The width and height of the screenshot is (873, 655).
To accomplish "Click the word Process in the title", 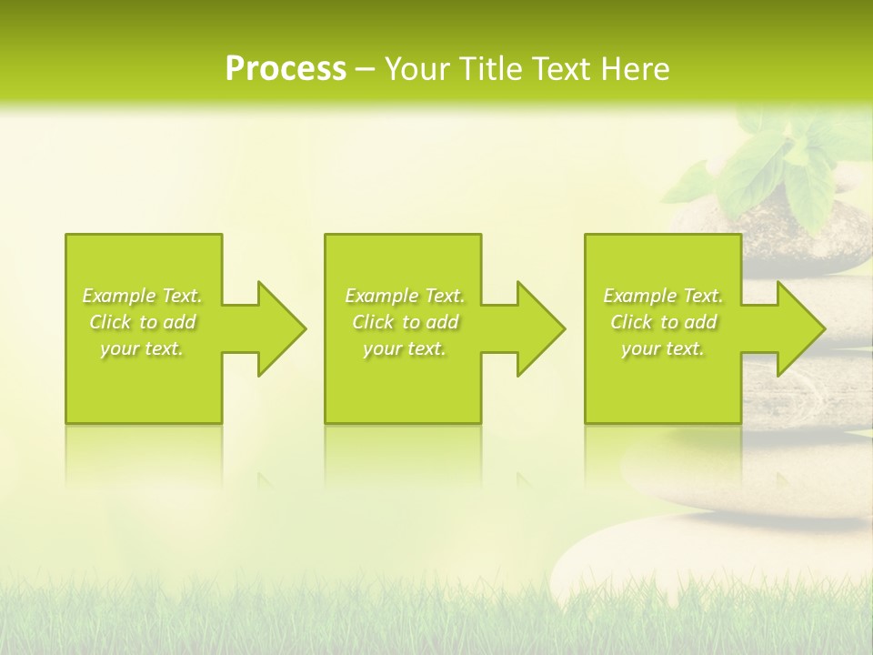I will pos(286,69).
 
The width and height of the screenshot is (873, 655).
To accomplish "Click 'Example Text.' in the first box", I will pos(142,296).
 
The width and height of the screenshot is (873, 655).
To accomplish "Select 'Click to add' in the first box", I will pos(142,322).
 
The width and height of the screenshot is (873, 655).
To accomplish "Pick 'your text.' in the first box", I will pos(142,348).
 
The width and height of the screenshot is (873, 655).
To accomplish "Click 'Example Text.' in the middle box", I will pos(405,296).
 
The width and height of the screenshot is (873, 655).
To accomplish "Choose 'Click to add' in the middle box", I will pos(405,322).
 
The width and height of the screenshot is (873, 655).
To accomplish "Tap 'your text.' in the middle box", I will pos(405,348).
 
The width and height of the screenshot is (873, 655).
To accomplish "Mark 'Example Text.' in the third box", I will pos(663,296).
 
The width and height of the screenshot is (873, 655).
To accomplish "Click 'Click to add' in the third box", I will pos(663,322).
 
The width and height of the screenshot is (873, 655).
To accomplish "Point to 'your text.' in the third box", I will pos(663,348).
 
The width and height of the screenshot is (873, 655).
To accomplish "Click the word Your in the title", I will pos(418,69).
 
